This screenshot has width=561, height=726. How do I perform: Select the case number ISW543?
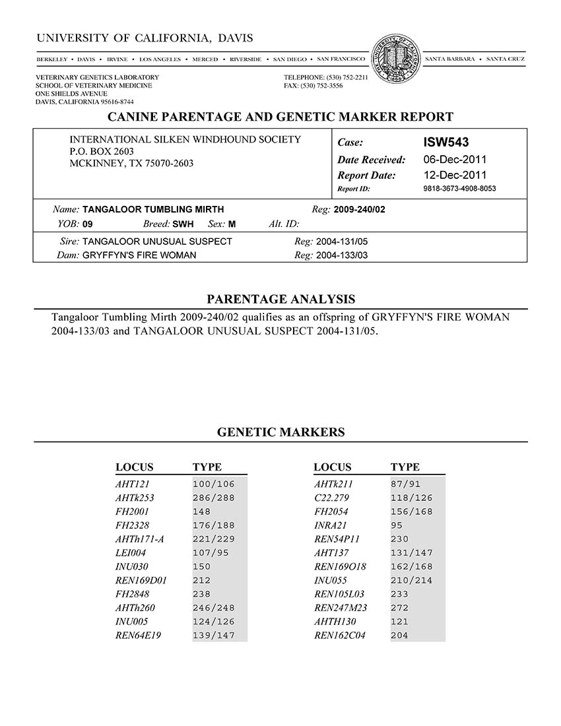(x=446, y=142)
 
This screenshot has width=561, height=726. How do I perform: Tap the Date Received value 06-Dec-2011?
(x=455, y=159)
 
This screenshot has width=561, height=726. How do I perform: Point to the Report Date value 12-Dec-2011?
(x=455, y=175)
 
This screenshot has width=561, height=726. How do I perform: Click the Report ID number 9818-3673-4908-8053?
(x=459, y=189)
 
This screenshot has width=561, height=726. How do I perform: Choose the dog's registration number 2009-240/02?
(x=360, y=210)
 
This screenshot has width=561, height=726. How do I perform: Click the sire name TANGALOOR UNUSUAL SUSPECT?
(x=157, y=242)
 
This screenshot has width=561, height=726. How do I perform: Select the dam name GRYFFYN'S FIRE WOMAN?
(x=139, y=255)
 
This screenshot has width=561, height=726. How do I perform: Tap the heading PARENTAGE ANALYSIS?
(x=280, y=299)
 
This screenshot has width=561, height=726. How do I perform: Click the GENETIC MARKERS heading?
(x=280, y=432)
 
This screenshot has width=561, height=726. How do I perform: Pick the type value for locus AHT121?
(x=213, y=484)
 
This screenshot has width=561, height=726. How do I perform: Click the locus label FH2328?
(x=132, y=525)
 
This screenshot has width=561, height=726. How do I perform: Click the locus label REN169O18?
(x=340, y=567)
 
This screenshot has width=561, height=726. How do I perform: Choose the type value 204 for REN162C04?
(x=399, y=636)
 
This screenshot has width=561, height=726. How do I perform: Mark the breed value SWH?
(x=183, y=224)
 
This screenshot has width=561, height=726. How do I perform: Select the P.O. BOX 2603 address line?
(x=102, y=151)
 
